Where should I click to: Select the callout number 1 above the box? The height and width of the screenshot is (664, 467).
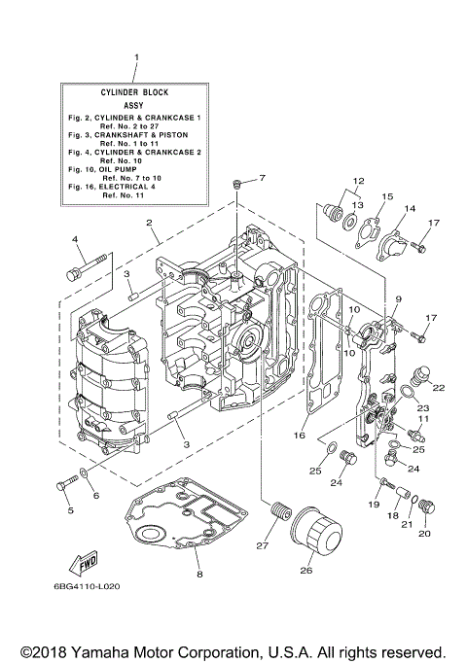coord(136,58)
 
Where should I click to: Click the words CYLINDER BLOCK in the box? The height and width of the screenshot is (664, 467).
coord(135,91)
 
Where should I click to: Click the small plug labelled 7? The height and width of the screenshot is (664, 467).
coord(236,184)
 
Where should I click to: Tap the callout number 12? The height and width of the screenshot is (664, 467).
coord(358,181)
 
